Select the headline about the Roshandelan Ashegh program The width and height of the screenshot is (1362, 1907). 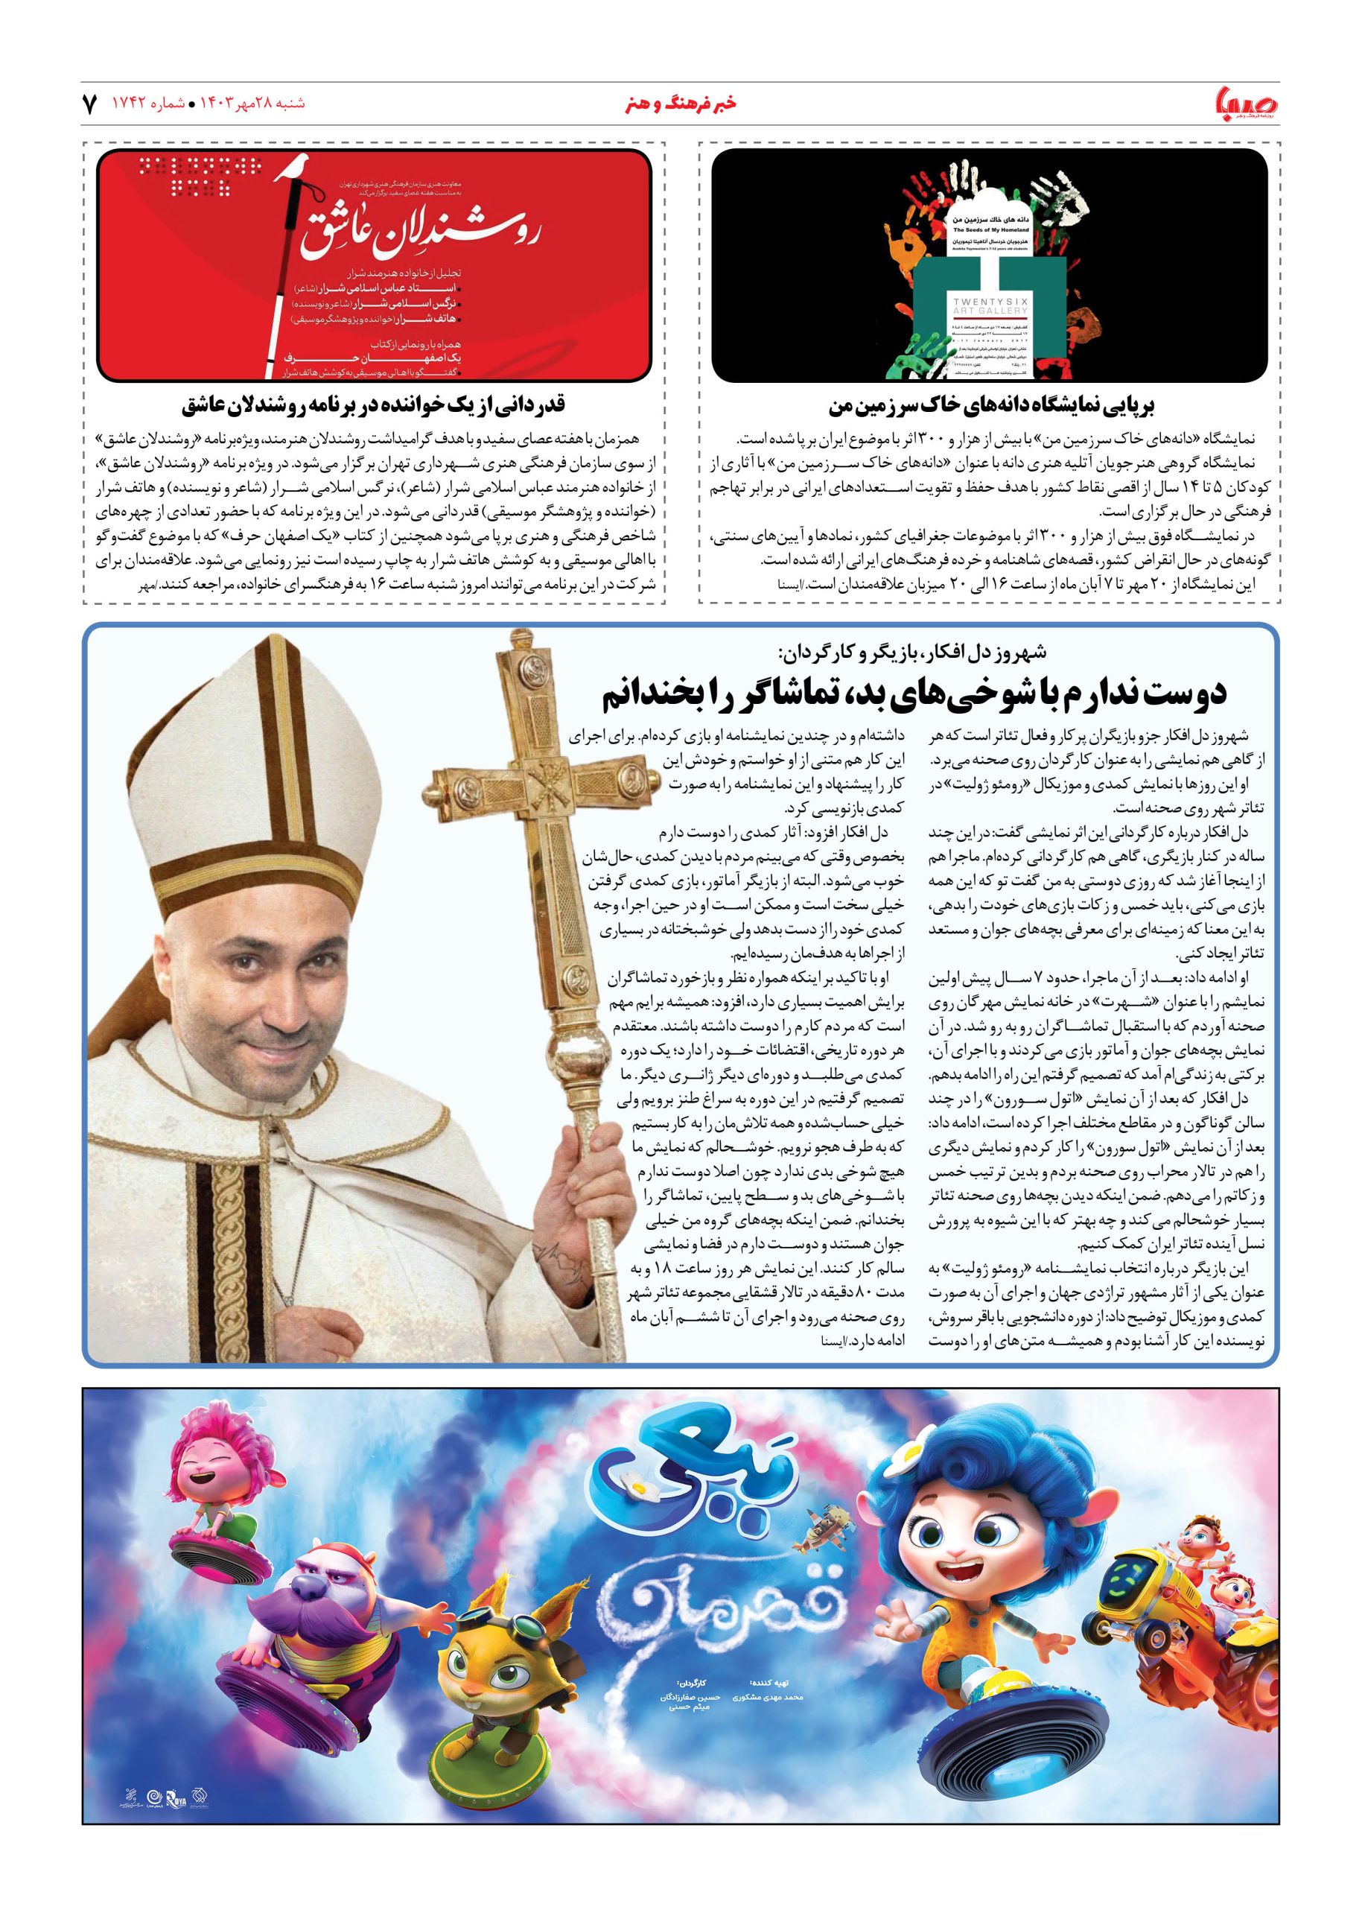(373, 406)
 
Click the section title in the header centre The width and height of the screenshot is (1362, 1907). (681, 105)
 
